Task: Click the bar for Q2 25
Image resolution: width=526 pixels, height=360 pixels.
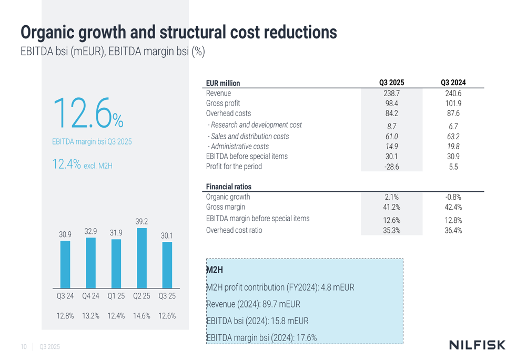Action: click(x=141, y=258)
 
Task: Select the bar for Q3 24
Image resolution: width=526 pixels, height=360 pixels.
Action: click(x=65, y=264)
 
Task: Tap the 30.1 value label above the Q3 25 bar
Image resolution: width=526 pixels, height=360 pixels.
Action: click(x=167, y=236)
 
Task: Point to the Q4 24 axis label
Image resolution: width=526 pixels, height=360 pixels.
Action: click(x=90, y=296)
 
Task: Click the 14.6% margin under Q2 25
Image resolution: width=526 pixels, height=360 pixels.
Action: click(x=141, y=316)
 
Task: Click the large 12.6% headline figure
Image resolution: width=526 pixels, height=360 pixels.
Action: click(x=87, y=114)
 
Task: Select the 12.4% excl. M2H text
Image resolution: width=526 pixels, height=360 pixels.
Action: click(x=82, y=165)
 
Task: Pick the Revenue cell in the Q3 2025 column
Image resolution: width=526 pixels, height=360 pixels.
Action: click(x=391, y=93)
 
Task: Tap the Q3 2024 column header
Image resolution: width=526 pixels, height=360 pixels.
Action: click(x=453, y=83)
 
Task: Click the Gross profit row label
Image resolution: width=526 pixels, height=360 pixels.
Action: click(x=223, y=103)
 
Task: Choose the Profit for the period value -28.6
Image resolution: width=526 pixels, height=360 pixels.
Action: click(x=391, y=167)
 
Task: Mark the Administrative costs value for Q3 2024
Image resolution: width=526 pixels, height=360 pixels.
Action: click(x=453, y=147)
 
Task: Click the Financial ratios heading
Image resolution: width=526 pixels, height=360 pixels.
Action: click(x=229, y=187)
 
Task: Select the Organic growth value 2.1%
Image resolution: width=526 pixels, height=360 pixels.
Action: click(x=391, y=197)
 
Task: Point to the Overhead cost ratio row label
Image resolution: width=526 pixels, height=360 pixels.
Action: click(x=234, y=230)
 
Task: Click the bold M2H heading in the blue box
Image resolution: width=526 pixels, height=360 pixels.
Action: click(x=215, y=270)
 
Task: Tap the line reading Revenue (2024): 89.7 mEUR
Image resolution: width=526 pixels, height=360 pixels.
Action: click(x=253, y=304)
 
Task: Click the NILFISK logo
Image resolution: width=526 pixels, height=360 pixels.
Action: click(x=477, y=345)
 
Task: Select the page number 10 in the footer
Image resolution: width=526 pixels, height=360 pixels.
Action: click(x=24, y=347)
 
